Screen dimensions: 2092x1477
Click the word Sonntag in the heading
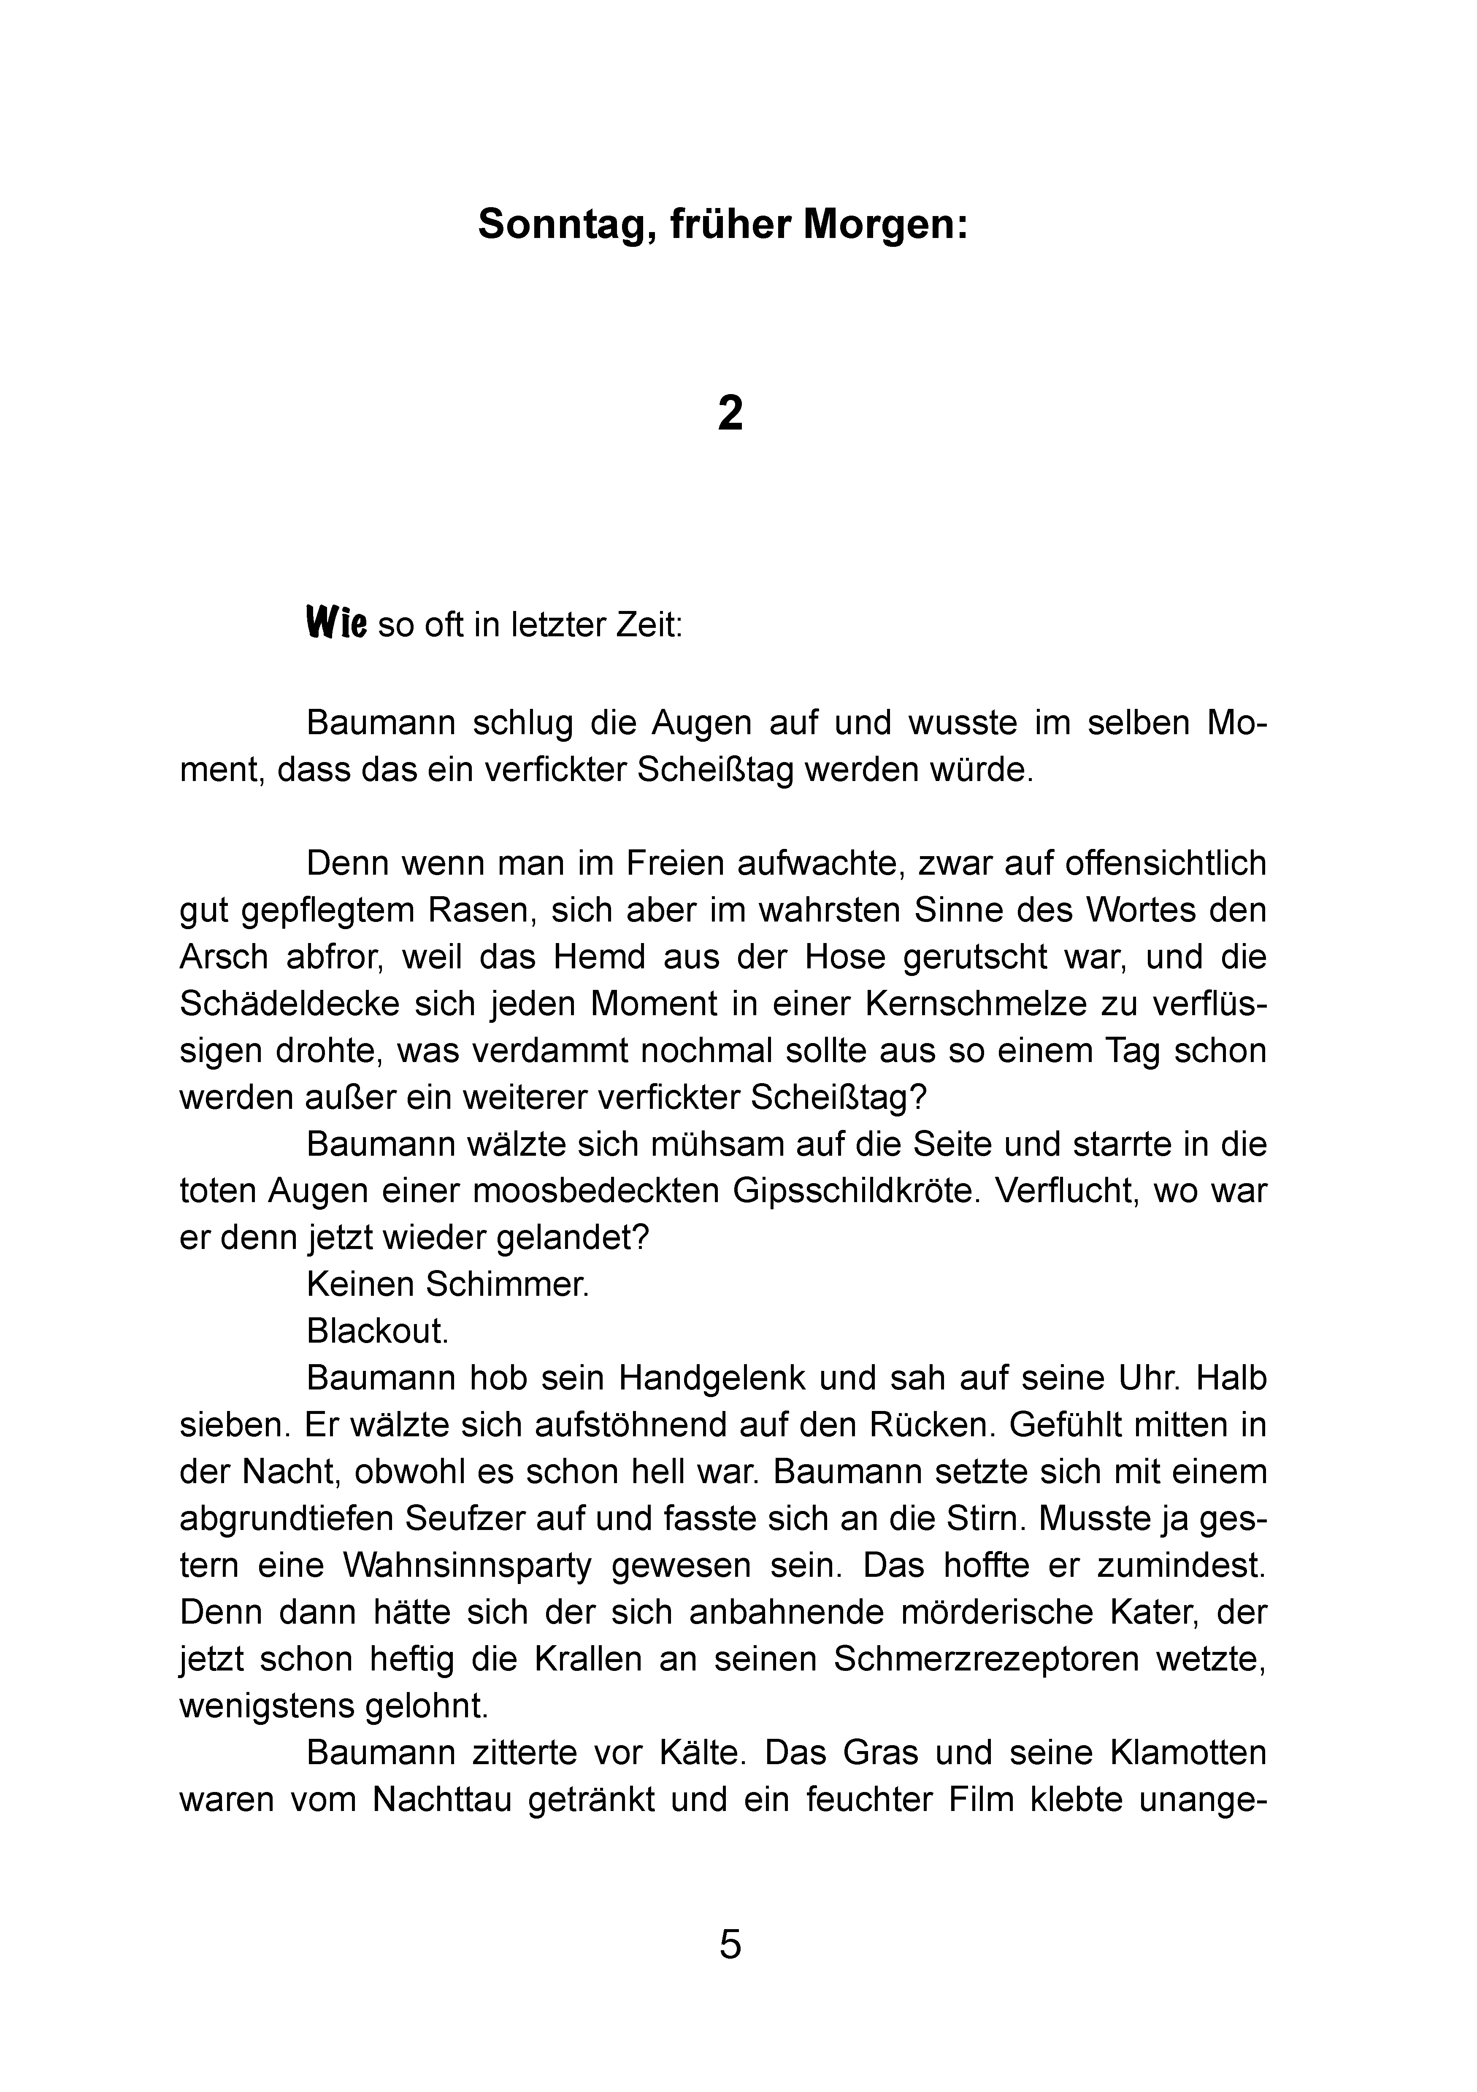562,224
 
